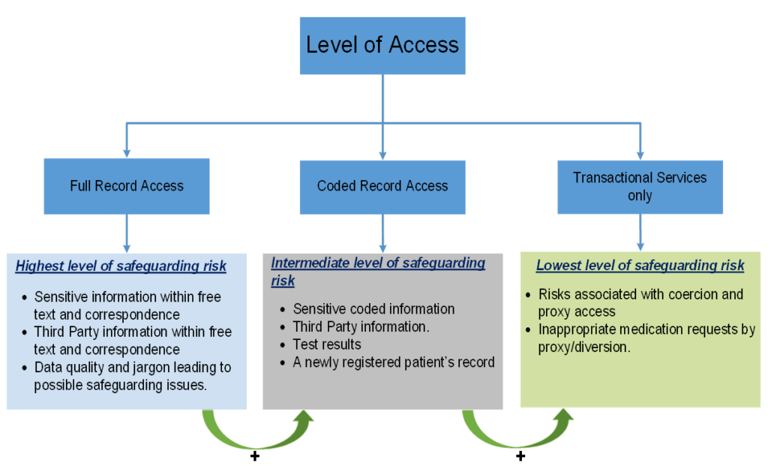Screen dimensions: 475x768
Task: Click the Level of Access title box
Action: (x=382, y=45)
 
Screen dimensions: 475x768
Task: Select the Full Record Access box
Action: (x=127, y=186)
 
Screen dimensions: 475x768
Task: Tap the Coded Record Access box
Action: (x=382, y=186)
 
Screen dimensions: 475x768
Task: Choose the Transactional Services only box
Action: (x=640, y=187)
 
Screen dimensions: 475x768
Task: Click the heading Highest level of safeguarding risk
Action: (x=121, y=266)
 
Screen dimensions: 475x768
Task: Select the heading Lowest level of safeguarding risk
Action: (x=640, y=266)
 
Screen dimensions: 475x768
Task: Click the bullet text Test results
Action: (x=327, y=344)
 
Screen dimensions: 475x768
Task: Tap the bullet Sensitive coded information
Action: (x=373, y=308)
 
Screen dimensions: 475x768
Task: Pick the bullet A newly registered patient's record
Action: (x=394, y=362)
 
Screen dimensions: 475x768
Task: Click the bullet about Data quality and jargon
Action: (x=132, y=375)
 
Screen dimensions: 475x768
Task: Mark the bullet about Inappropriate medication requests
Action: (x=646, y=338)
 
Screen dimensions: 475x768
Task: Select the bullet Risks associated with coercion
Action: (x=640, y=302)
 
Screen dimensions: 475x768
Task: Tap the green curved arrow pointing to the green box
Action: (x=517, y=431)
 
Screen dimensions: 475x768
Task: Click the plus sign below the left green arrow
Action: (x=254, y=456)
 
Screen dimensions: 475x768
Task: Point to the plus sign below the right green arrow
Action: (x=520, y=456)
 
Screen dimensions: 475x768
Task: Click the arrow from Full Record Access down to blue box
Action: (x=127, y=233)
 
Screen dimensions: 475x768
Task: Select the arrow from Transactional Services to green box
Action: (x=640, y=232)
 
